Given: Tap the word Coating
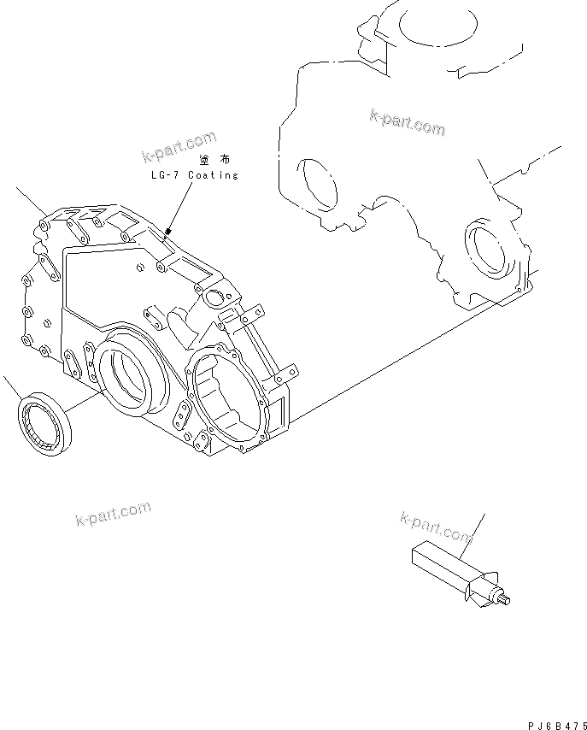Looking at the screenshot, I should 211,175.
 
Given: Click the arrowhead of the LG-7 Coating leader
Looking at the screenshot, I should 168,231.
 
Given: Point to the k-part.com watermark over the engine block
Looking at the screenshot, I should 408,122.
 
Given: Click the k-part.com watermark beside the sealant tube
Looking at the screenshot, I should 436,527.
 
